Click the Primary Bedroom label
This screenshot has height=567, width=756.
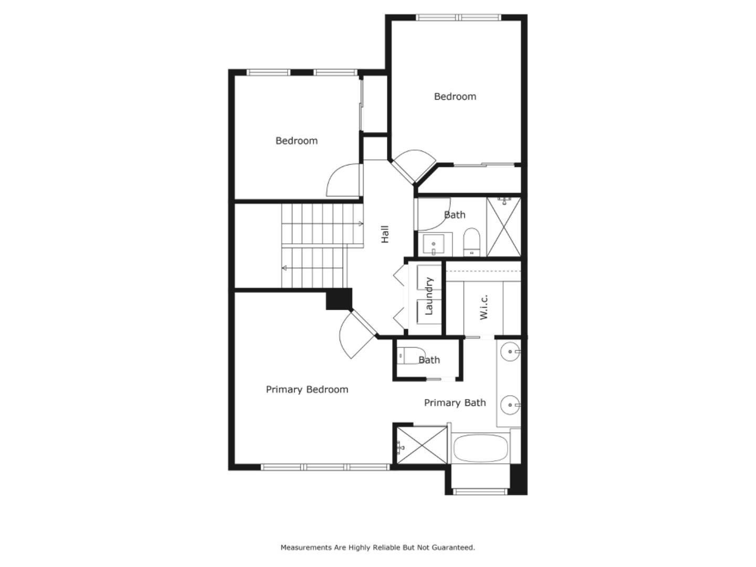[307, 390]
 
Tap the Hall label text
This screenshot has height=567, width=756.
[385, 234]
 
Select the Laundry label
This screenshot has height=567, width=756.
[429, 296]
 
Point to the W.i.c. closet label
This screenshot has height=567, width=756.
[484, 307]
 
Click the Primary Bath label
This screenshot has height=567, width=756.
[455, 403]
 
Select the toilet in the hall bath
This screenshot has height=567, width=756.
[471, 241]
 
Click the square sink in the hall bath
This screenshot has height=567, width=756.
[434, 245]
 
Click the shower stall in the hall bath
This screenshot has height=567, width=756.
[503, 227]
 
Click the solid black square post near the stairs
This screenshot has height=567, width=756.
[339, 299]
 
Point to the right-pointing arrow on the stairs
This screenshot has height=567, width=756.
[360, 224]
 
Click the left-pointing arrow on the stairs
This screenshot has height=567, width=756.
[285, 268]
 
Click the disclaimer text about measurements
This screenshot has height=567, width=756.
[377, 548]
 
